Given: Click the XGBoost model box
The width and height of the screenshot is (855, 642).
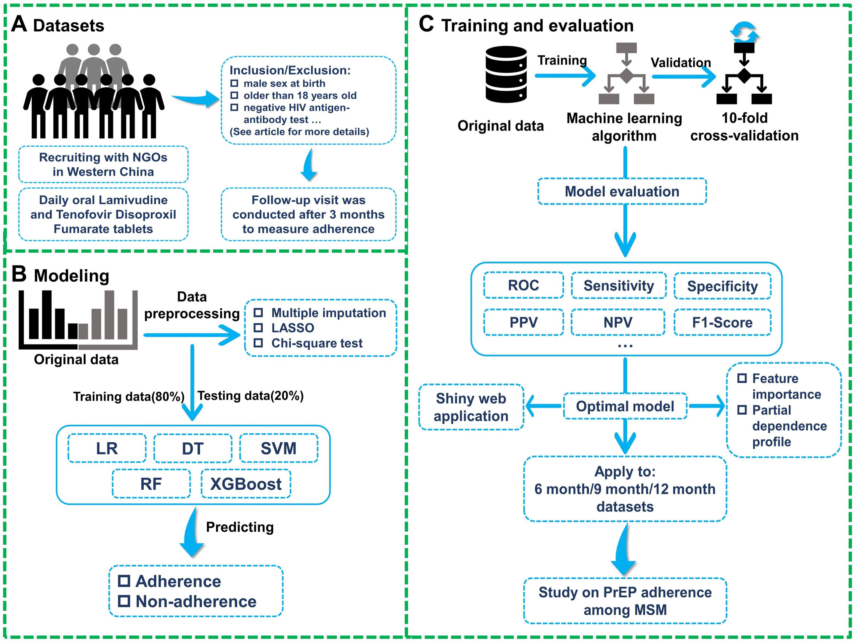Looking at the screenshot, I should coord(246,484).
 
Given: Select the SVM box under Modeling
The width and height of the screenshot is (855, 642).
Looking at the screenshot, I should coord(279,448).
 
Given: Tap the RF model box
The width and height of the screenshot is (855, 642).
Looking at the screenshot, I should coord(151,484).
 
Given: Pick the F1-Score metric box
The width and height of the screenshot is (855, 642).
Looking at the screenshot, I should coord(722,322).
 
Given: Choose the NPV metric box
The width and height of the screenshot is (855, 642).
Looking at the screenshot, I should coord(618,322).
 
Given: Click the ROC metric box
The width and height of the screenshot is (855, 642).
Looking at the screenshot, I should coord(523,285).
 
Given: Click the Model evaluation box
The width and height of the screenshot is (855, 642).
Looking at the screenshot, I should coord(622,191).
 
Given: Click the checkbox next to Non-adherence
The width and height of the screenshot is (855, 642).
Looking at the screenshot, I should coord(124,601).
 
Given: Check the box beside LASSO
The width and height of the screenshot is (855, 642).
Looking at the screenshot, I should coord(258,328).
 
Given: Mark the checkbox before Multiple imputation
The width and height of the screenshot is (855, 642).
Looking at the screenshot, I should coord(258,312).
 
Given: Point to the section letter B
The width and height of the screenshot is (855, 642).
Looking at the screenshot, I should coord(19,274).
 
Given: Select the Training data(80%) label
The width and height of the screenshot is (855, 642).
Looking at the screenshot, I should coord(129,396).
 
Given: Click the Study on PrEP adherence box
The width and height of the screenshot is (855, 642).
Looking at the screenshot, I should coord(625,601).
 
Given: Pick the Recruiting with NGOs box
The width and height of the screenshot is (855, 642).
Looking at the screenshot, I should coord(103,164).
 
